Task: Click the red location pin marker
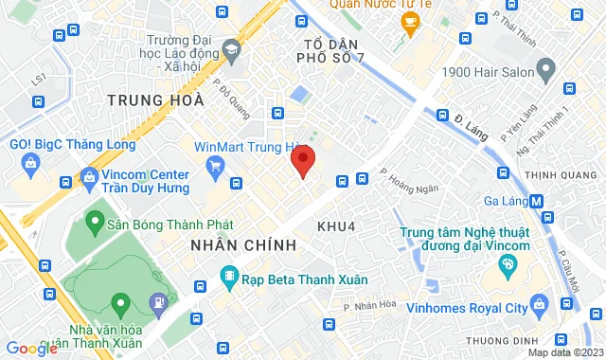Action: point(302,162)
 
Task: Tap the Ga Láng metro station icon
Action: point(537,201)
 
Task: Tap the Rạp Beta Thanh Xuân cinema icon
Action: point(228,277)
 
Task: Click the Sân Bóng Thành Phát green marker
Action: point(94,224)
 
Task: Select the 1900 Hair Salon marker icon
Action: point(545,69)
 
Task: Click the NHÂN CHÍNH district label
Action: point(243,245)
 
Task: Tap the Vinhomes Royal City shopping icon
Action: point(539,306)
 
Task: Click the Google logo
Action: point(30,349)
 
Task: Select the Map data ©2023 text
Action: point(562,352)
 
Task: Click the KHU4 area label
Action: point(336,225)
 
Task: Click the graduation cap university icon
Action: point(230,48)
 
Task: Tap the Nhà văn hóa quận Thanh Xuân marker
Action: point(120,305)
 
